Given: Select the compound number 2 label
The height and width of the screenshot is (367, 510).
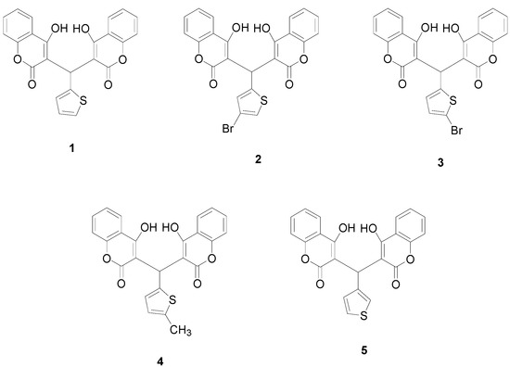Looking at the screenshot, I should point(259,159).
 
